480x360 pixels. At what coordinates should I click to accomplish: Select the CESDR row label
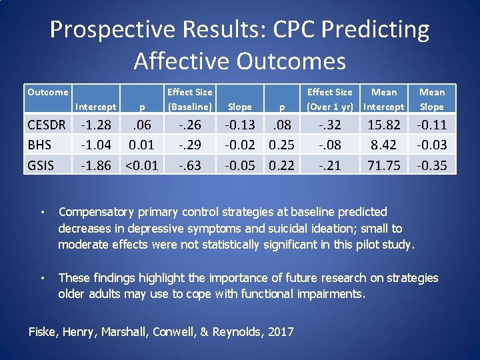47,125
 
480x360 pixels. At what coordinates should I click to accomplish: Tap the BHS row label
39,145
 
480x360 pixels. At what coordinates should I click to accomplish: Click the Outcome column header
47,92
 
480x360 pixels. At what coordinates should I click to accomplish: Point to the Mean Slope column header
432,99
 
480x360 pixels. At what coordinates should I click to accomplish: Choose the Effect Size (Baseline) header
189,99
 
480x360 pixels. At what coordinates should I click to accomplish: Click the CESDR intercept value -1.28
95,125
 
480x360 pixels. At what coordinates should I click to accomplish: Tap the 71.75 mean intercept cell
384,164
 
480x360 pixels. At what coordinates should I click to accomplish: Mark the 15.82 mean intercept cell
384,125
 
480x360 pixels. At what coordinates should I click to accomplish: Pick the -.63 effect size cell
189,164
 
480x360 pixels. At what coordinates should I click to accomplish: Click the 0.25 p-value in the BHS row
281,145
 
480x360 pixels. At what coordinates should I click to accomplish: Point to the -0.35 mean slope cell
432,164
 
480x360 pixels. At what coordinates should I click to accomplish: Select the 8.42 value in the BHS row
384,145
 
